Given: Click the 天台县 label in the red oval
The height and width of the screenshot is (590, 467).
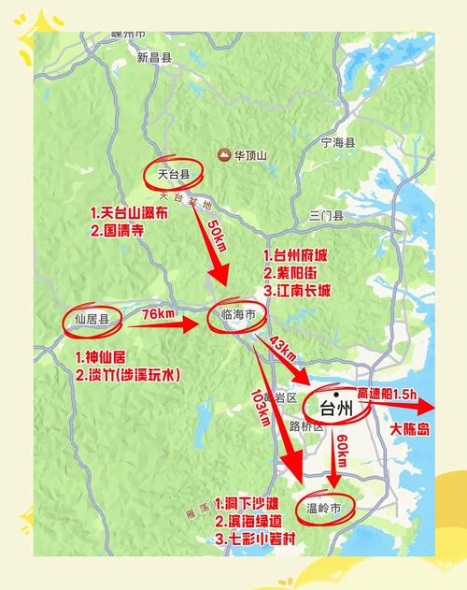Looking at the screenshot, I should pos(174,173).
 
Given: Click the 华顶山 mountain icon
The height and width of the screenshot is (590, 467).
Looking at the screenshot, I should pos(224,154).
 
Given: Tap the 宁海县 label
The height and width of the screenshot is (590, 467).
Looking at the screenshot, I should pos(338,143).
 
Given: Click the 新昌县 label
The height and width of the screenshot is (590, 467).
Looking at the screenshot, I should pos(154,57).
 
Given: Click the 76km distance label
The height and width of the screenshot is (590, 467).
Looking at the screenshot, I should pos(160,316).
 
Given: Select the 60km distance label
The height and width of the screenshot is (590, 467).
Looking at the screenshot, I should pos(342,452).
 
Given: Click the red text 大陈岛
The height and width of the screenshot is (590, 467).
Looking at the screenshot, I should pos(409,429).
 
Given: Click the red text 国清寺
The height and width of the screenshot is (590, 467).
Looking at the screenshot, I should pos(117,229).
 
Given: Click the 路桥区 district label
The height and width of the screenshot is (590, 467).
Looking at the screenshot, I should pos(305,426).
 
